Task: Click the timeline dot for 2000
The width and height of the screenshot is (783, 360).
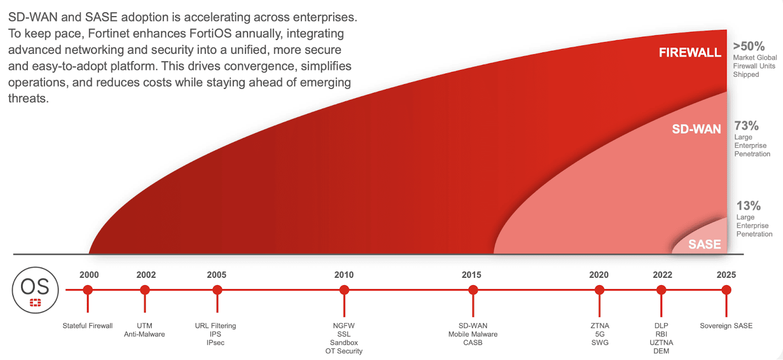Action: (88, 290)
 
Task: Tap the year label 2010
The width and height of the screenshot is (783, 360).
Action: (344, 275)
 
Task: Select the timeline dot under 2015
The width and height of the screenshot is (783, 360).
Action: (473, 290)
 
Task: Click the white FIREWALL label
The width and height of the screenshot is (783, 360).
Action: (690, 52)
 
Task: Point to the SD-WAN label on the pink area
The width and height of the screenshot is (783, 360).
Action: (696, 129)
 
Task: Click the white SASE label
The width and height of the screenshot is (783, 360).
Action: (704, 244)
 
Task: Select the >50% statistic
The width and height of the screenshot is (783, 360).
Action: (749, 46)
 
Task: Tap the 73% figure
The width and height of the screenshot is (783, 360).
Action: (746, 126)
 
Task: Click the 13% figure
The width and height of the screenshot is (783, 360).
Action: (748, 206)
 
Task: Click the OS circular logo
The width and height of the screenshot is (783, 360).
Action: (35, 290)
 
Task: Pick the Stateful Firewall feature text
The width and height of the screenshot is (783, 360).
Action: (88, 326)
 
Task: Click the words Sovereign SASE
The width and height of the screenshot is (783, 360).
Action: (726, 326)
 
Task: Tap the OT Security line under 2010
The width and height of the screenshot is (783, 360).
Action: (344, 351)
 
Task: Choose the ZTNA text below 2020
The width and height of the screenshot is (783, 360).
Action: (599, 326)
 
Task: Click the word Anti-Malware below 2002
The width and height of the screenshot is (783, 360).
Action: (144, 335)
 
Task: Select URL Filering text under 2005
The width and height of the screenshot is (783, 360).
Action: (215, 326)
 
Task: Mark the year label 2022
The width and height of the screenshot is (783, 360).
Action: (662, 275)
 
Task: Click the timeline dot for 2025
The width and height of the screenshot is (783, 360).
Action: (726, 290)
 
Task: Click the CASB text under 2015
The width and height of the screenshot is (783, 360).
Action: (473, 343)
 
